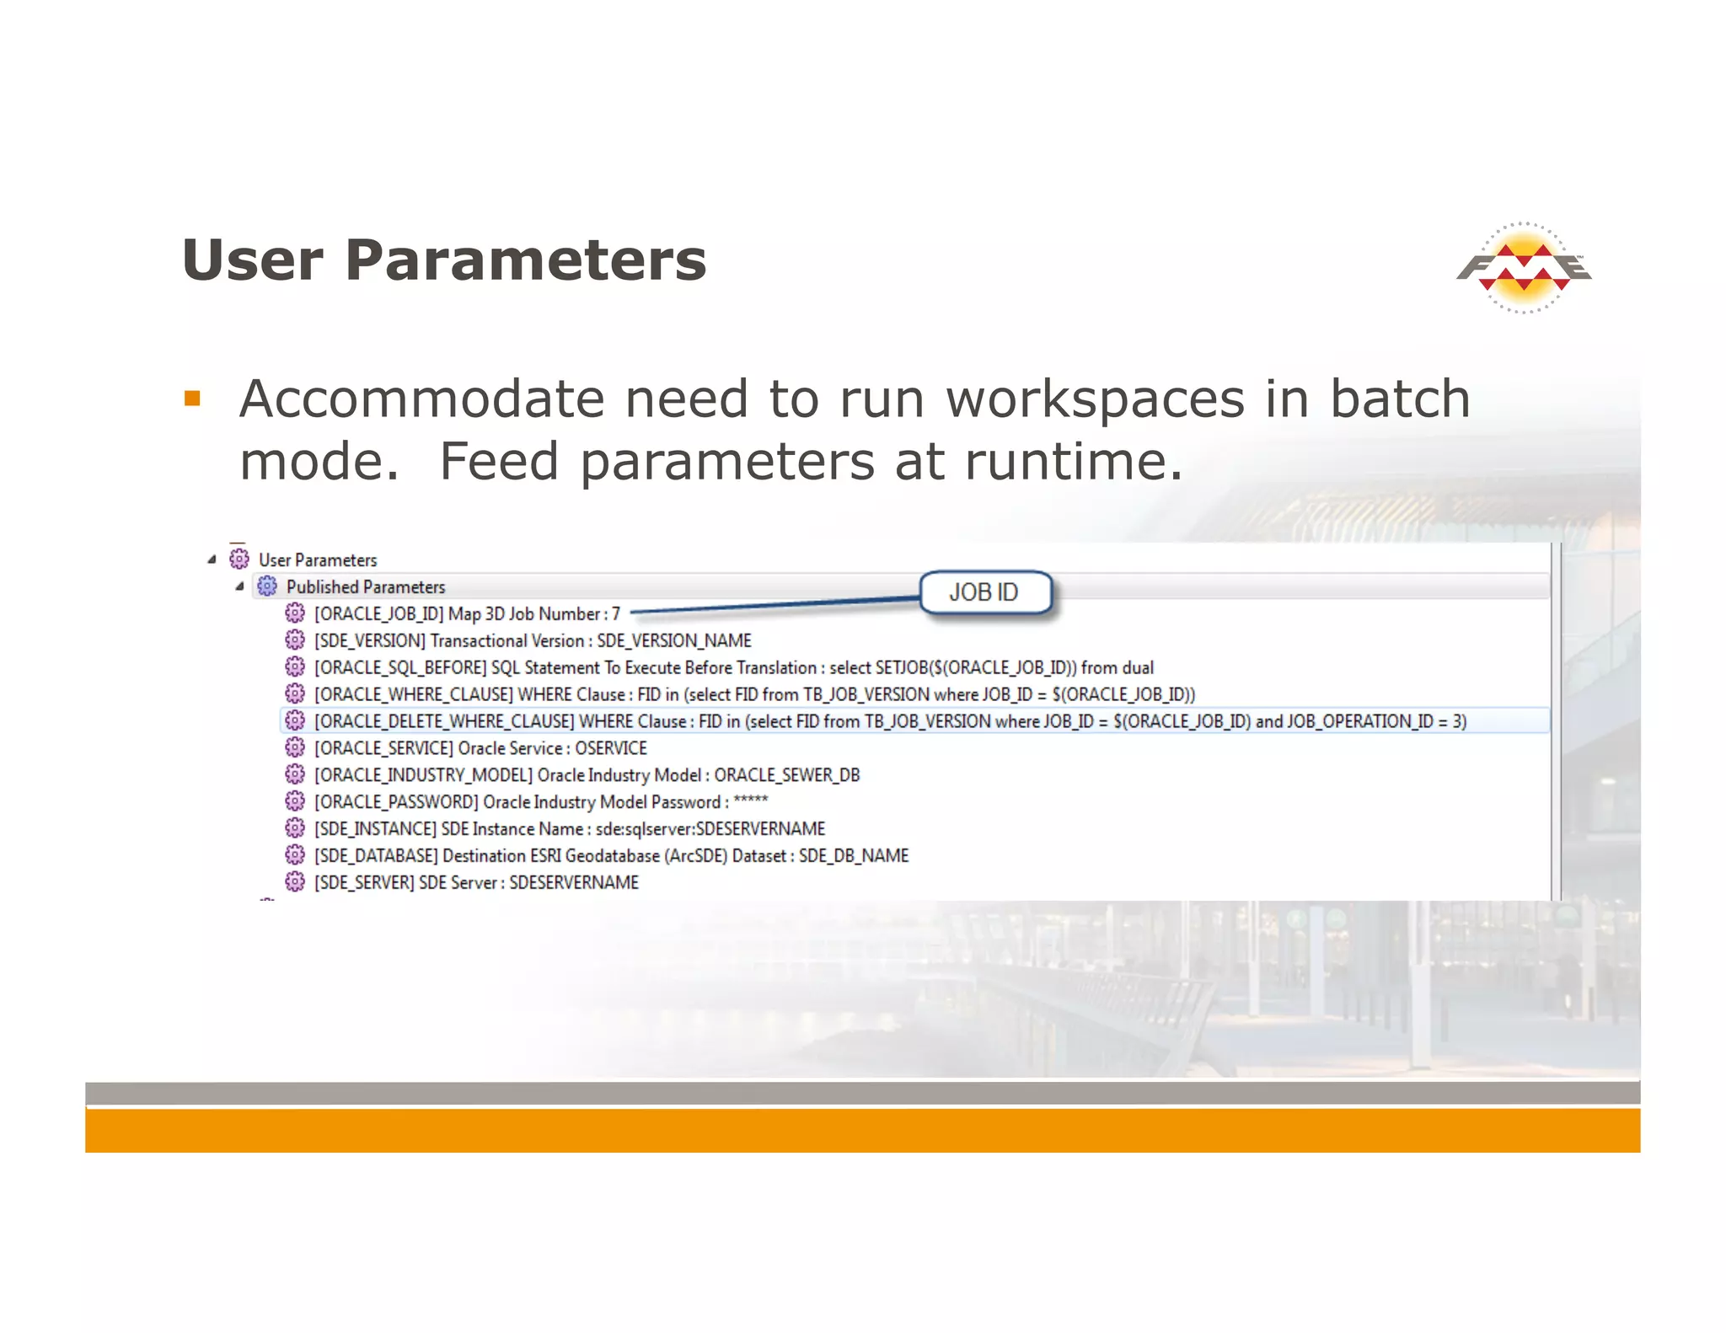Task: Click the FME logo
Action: pyautogui.click(x=1524, y=268)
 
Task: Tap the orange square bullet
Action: pyautogui.click(x=192, y=398)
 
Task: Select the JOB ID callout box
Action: pyautogui.click(x=984, y=592)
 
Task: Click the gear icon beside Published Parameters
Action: pyautogui.click(x=267, y=586)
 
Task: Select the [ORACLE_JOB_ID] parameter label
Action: pyautogui.click(x=378, y=613)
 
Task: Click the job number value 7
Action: pyautogui.click(x=616, y=613)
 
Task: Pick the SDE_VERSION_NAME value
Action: pyautogui.click(x=674, y=640)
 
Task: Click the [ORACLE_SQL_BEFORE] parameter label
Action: pyautogui.click(x=400, y=667)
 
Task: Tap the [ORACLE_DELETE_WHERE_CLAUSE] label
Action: pyautogui.click(x=443, y=721)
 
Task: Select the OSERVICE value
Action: pyautogui.click(x=611, y=748)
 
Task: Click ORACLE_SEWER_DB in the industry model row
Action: pyautogui.click(x=786, y=775)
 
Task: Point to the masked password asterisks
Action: pyautogui.click(x=750, y=800)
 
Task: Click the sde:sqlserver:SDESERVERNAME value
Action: pyautogui.click(x=710, y=829)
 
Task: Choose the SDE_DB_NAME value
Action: pyautogui.click(x=853, y=856)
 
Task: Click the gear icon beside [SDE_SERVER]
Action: pyautogui.click(x=295, y=882)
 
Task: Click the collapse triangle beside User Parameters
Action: pyautogui.click(x=212, y=559)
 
